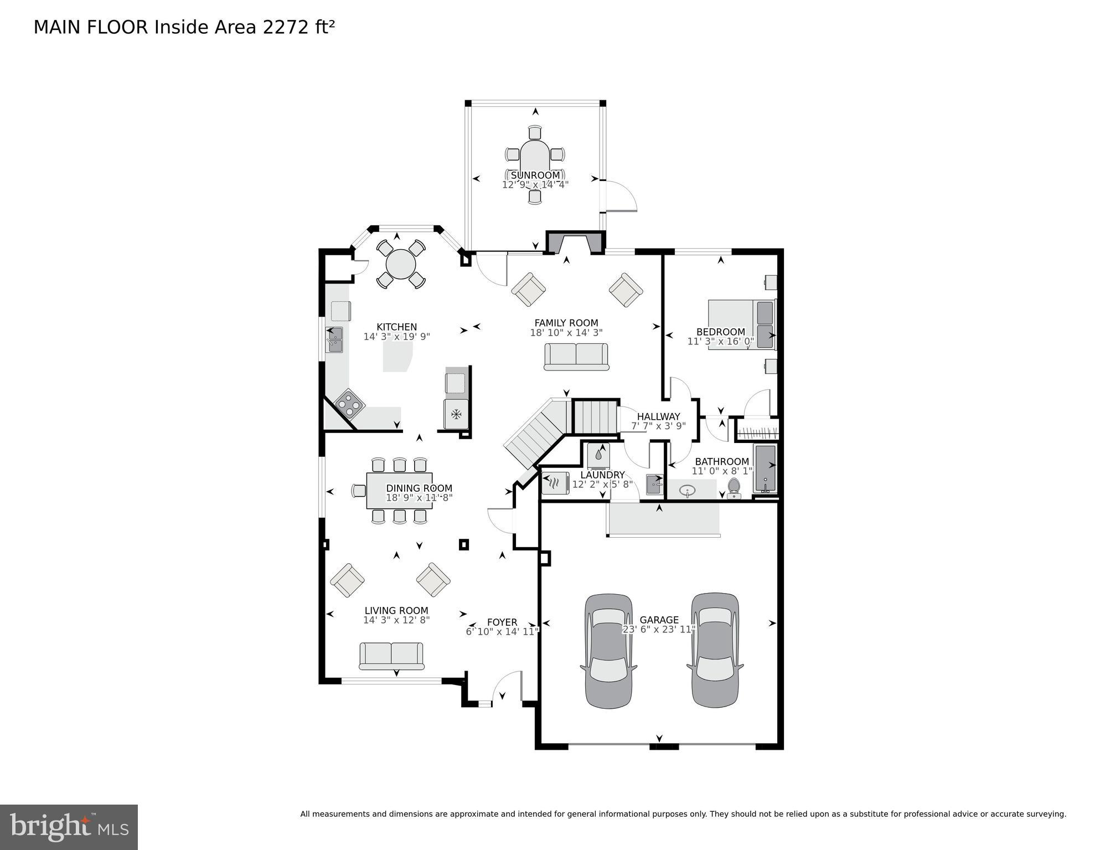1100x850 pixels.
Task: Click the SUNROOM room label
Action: (535, 176)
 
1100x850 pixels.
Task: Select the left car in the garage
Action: (608, 651)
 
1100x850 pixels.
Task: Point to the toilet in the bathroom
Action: (734, 488)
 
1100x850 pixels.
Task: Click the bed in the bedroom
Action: (742, 324)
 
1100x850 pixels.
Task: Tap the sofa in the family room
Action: (576, 356)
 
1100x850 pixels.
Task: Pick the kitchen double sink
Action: (334, 339)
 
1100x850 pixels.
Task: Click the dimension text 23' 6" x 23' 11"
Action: (659, 630)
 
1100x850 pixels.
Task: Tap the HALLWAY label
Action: (658, 416)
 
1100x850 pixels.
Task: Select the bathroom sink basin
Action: (687, 490)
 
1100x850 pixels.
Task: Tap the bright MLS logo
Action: (69, 827)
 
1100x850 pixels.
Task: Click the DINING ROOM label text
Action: (419, 488)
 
